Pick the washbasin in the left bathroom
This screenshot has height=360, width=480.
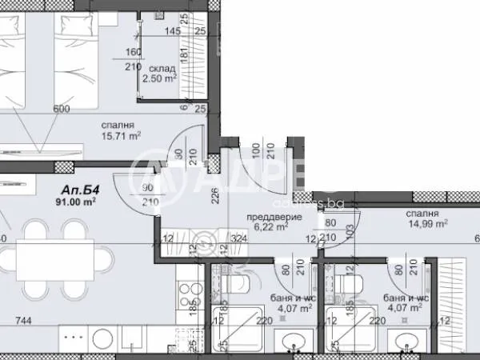(292, 342)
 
